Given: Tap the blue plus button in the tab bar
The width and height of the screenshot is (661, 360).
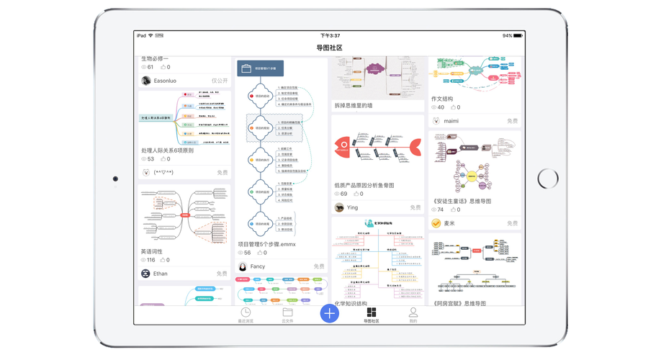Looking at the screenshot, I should pyautogui.click(x=329, y=313).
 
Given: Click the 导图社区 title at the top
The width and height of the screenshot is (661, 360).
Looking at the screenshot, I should pyautogui.click(x=329, y=48).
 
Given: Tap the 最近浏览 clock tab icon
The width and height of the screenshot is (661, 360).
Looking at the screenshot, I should pyautogui.click(x=246, y=312).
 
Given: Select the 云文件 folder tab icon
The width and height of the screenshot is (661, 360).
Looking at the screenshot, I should pyautogui.click(x=287, y=312).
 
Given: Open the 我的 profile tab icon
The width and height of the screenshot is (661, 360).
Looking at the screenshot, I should pyautogui.click(x=413, y=312).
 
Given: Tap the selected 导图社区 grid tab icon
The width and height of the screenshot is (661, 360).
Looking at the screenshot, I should pyautogui.click(x=372, y=312).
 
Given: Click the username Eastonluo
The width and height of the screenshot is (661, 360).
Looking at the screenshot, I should pyautogui.click(x=165, y=81).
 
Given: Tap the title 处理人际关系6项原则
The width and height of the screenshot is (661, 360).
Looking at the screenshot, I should pyautogui.click(x=168, y=150).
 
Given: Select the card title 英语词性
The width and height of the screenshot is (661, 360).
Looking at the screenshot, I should pyautogui.click(x=152, y=251).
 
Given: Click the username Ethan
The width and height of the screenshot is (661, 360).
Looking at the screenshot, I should pyautogui.click(x=160, y=274).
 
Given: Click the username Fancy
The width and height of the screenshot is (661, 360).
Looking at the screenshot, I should pyautogui.click(x=257, y=266).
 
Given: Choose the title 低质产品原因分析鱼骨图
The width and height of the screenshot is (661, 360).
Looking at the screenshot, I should pyautogui.click(x=364, y=185).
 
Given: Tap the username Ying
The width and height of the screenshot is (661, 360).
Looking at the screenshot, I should pyautogui.click(x=352, y=207).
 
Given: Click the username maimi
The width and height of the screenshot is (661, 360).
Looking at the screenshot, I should pyautogui.click(x=451, y=121).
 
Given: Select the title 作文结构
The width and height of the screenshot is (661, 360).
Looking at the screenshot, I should pyautogui.click(x=442, y=99).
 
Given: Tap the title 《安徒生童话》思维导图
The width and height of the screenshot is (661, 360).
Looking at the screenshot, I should pyautogui.click(x=462, y=201).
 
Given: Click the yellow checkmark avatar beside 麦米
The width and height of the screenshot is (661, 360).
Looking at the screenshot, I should pyautogui.click(x=436, y=223).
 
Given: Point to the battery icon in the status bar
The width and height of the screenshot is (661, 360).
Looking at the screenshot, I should pyautogui.click(x=518, y=35).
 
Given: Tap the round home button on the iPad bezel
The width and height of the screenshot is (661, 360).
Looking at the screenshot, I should pyautogui.click(x=548, y=178).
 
